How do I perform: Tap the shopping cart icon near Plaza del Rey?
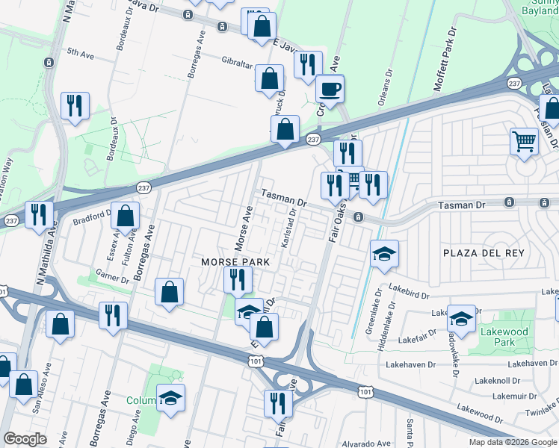pos(525,140)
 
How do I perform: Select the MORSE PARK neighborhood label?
pos(229,262)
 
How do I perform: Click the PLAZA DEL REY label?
pos(484,254)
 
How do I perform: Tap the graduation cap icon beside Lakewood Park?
pos(461,318)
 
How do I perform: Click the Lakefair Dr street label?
pos(418,339)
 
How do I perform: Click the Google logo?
pos(25,439)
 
